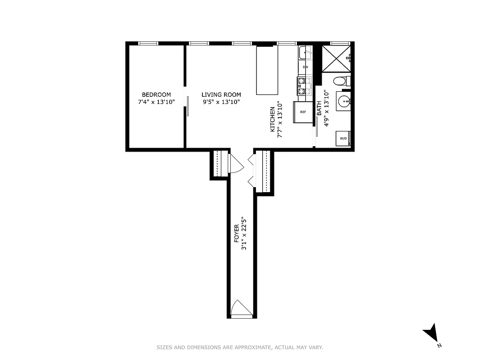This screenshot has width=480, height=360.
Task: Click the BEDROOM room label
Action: [156, 94]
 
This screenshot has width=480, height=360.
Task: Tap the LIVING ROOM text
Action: [221, 94]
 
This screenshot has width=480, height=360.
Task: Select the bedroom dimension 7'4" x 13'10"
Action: [156, 102]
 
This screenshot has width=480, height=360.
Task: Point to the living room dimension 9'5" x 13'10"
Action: [221, 102]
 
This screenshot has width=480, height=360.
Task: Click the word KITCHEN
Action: [272, 119]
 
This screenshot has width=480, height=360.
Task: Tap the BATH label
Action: [319, 108]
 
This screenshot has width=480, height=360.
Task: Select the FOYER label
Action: [237, 234]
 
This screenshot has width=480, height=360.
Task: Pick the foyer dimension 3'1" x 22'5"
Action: [244, 234]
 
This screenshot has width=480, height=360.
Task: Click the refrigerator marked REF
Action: [303, 112]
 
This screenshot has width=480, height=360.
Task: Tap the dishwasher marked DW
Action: [305, 67]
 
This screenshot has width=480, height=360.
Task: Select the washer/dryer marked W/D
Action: [343, 138]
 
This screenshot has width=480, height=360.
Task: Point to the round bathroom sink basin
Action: [344, 100]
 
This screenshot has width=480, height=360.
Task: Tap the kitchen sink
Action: [306, 53]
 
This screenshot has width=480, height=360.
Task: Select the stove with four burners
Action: [304, 86]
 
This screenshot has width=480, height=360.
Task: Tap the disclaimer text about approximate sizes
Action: [240, 347]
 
